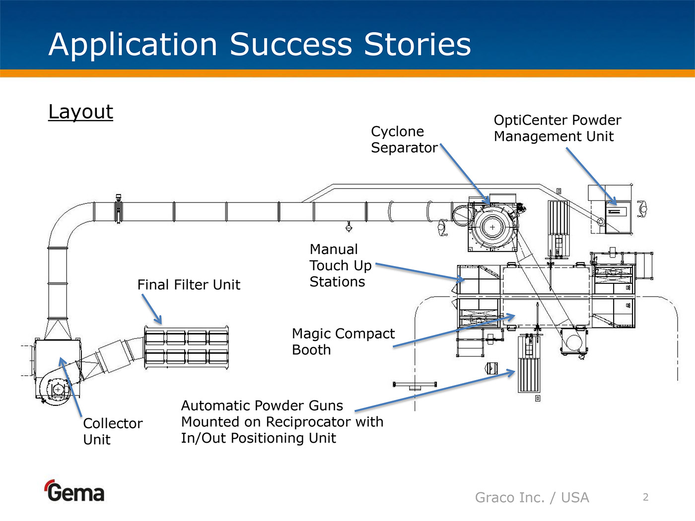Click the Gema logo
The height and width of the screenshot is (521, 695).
74,491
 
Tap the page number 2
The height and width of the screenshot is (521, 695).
646,497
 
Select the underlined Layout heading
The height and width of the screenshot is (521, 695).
81,112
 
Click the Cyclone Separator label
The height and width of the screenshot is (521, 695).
404,139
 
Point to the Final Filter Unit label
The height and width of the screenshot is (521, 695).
189,285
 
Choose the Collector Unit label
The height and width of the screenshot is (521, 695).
113,432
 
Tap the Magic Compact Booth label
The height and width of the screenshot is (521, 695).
343,342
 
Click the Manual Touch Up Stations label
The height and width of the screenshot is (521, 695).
341,265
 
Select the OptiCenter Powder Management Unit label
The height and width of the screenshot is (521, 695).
557,128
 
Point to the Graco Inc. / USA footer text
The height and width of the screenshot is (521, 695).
532,498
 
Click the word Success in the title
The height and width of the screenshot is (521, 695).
291,45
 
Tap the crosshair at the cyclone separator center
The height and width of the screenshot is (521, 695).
492,227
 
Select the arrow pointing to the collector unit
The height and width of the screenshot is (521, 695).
70,387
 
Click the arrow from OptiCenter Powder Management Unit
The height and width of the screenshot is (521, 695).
591,177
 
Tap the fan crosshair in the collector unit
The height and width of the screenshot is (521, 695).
58,390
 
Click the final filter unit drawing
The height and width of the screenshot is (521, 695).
186,347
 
